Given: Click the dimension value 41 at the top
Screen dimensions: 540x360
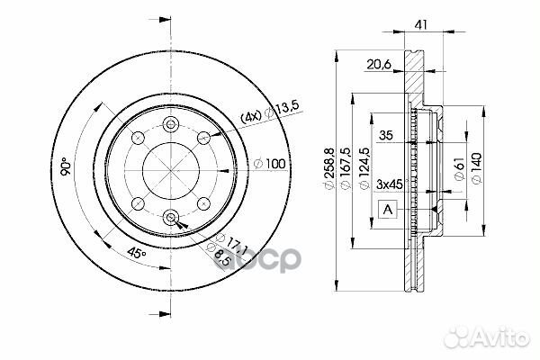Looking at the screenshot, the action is click(x=421, y=24).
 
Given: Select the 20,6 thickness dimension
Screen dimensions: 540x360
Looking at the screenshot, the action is click(x=379, y=64).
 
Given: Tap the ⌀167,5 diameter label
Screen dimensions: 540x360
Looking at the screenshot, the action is click(x=346, y=168).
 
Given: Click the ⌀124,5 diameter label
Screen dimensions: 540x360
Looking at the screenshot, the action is click(x=364, y=168).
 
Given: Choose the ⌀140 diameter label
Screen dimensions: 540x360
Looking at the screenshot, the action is click(x=477, y=168).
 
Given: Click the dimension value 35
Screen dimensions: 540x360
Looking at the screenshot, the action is click(x=386, y=135).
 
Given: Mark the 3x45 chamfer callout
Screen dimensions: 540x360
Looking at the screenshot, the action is click(x=390, y=184).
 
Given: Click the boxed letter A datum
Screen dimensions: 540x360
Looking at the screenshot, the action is click(x=388, y=209).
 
